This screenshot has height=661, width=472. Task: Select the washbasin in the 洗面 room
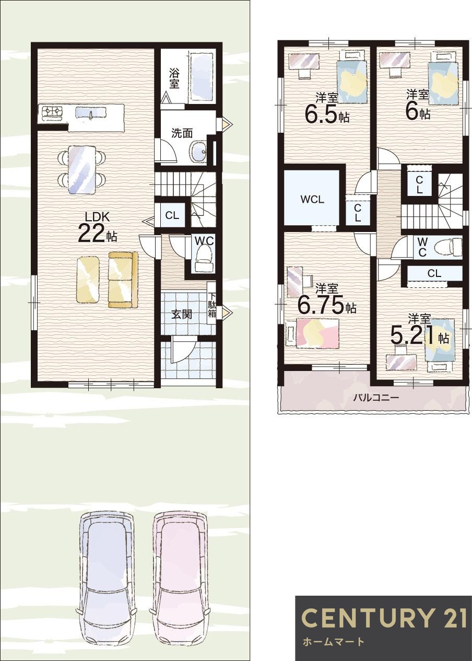(198, 152)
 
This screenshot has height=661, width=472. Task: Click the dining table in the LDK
(82, 169)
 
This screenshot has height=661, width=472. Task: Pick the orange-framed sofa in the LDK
(123, 280)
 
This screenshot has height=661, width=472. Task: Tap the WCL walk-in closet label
(312, 199)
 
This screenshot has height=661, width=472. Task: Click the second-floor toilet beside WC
(450, 246)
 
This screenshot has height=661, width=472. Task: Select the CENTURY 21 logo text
(384, 618)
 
